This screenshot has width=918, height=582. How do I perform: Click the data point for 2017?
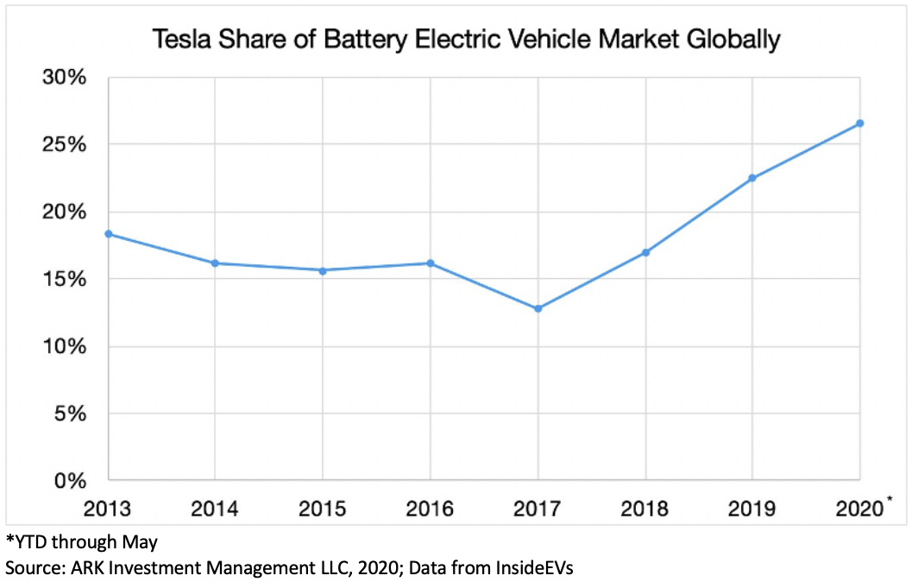pos(538,308)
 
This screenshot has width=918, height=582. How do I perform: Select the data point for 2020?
pos(860,123)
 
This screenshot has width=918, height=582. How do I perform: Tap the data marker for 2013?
pos(108,234)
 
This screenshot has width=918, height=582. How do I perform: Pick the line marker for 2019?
pos(752,178)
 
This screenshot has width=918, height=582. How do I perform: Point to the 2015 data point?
pos(323,270)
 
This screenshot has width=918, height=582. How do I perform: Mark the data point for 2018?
pos(645,253)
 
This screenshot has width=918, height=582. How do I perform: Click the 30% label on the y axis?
pos(65,78)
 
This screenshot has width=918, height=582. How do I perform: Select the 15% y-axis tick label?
pos(65,280)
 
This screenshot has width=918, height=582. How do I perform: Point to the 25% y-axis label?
pos(65,145)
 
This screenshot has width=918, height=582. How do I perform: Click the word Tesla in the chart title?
pos(179,40)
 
